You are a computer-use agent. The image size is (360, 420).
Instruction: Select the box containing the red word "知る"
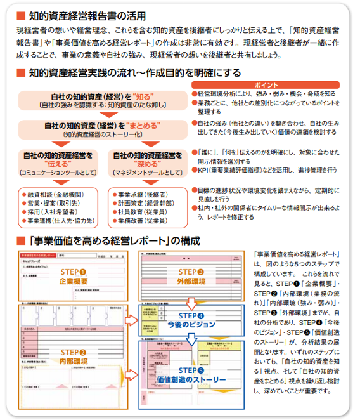point(103,100)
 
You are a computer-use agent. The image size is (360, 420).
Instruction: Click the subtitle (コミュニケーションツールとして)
point(58,172)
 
